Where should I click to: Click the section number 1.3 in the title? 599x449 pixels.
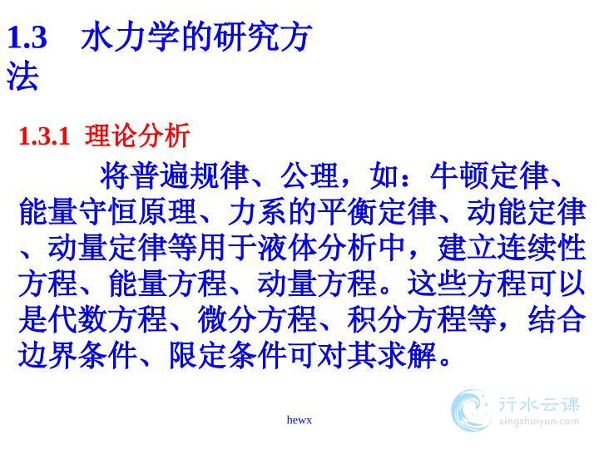coord(27,37)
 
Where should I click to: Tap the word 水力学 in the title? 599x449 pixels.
coord(130,37)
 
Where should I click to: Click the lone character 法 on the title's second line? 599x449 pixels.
coord(22,76)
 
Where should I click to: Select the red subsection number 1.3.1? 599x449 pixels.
coord(44,136)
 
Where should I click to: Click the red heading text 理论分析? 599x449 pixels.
coord(137,136)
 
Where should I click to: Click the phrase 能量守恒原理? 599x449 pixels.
coord(107,211)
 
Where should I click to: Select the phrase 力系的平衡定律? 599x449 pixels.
coord(332,211)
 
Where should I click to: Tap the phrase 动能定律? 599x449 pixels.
coord(527,211)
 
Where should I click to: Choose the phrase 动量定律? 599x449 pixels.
coord(107,248)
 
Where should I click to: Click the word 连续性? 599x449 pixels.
coord(542,248)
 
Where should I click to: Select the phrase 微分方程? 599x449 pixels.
coord(257,319)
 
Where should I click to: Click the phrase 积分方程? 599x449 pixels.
coord(407,319)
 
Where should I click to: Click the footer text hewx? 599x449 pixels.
coord(299,420)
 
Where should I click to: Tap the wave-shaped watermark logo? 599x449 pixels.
coord(470,411)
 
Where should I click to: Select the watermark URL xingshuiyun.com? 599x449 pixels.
coord(539,422)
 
